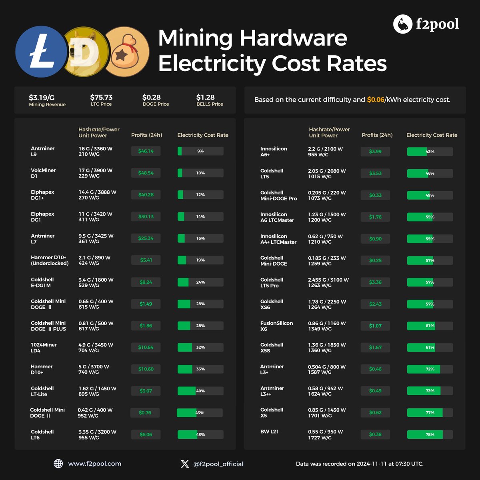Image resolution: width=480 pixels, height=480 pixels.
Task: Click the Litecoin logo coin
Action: click(x=41, y=52)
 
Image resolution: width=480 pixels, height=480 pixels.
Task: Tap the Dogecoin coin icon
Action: click(x=86, y=52)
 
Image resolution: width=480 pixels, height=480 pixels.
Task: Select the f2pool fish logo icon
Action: click(x=402, y=24)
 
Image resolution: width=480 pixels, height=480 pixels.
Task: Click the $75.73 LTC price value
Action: click(x=101, y=97)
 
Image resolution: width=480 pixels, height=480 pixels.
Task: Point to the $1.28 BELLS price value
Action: click(x=205, y=97)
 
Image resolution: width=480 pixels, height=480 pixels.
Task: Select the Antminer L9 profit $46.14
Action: click(x=146, y=151)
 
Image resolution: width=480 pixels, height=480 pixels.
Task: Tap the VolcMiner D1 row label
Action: click(x=43, y=173)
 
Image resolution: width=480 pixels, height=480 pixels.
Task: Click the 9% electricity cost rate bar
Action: click(x=200, y=151)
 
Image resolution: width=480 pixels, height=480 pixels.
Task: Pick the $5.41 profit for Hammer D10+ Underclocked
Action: click(x=146, y=260)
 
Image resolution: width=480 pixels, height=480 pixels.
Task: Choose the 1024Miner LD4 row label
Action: click(x=44, y=348)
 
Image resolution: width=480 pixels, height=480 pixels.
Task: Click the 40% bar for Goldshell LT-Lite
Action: click(x=200, y=391)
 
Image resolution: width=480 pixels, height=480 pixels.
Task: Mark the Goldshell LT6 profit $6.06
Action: click(x=146, y=434)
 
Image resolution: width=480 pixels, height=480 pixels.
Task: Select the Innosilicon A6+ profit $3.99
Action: click(x=375, y=152)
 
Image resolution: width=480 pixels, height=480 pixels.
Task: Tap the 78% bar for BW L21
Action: click(x=430, y=434)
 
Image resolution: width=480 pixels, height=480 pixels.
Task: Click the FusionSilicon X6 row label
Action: click(x=276, y=326)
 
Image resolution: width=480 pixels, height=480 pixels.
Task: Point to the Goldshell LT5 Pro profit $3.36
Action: click(x=375, y=282)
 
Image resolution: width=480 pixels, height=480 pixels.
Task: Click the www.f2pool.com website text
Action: click(x=94, y=464)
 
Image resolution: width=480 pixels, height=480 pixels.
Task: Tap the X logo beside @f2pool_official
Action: click(x=185, y=464)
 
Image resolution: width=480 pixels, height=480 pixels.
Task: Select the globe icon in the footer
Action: click(x=58, y=464)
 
